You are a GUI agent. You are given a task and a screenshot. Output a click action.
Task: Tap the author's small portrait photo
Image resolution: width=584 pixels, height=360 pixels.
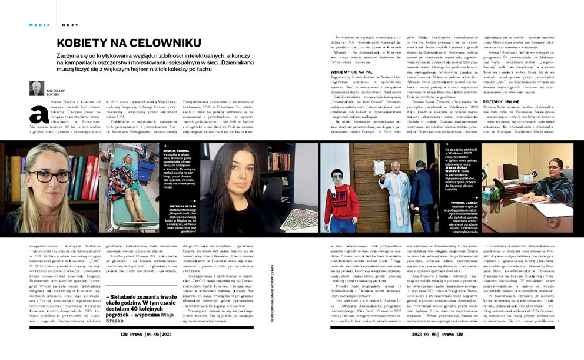point(36,88)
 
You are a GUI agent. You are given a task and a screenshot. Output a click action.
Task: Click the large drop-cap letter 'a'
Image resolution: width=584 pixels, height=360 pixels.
point(38,114)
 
